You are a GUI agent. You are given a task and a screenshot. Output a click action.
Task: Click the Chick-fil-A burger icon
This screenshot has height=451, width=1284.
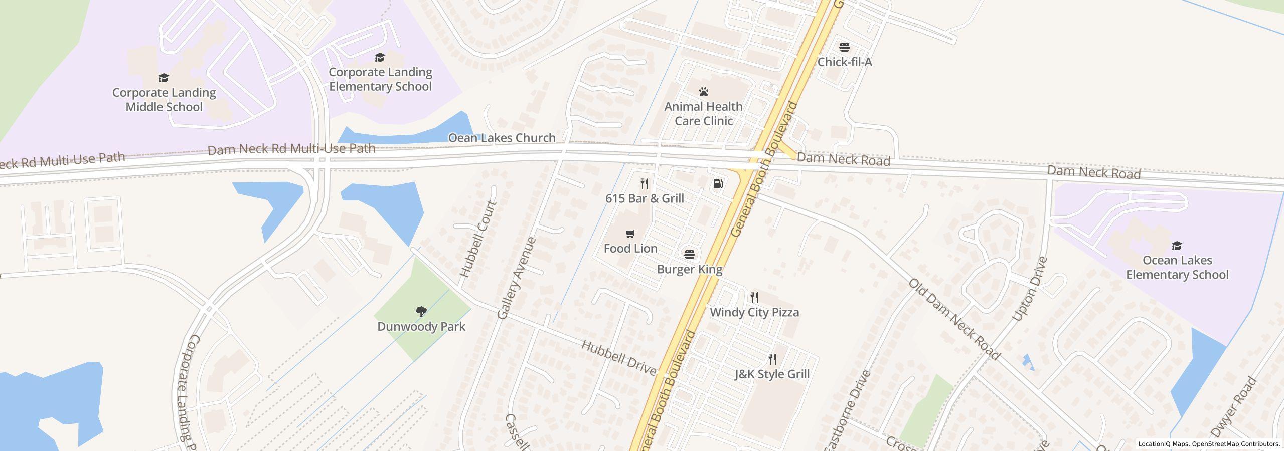pos(845,47)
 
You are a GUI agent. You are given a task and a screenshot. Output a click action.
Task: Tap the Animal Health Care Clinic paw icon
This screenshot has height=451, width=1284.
pos(704,92)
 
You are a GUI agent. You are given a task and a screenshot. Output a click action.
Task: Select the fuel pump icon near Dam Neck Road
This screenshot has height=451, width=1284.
pos(718,184)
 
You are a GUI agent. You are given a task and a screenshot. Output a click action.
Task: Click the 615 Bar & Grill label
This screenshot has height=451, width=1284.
pos(645,198)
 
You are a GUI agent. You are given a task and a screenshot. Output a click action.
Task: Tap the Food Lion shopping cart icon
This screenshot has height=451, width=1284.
pos(630,234)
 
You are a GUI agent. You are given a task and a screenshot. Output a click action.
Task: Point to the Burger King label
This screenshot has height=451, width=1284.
pos(690,269)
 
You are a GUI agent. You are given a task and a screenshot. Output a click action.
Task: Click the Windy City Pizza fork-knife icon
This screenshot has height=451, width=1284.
pos(754,298)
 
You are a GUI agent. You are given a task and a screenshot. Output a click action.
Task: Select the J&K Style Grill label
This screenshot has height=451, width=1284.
pos(772,374)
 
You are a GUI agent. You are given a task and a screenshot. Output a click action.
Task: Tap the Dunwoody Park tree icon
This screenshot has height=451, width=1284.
pos(421,312)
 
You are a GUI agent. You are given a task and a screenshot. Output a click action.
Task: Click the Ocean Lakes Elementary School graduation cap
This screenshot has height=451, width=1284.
pos(1177,246)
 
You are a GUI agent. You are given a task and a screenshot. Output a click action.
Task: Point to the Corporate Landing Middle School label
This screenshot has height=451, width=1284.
pos(164,100)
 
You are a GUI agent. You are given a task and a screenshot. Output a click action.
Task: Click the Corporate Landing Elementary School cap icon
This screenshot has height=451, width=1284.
pos(380,57)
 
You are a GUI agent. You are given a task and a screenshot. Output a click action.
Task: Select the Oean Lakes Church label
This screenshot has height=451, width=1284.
pos(502,138)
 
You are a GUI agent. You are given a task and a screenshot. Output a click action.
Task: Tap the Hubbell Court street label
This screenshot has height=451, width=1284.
pos(478,239)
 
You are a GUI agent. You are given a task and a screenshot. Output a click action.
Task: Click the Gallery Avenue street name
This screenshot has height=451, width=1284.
pos(517,278)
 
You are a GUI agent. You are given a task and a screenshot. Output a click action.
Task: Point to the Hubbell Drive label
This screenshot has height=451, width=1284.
pos(618,358)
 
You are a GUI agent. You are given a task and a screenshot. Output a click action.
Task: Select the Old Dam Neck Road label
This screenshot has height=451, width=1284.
pos(954,319)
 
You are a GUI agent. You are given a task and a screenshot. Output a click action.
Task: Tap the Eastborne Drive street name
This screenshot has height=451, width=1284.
pos(847,411)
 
